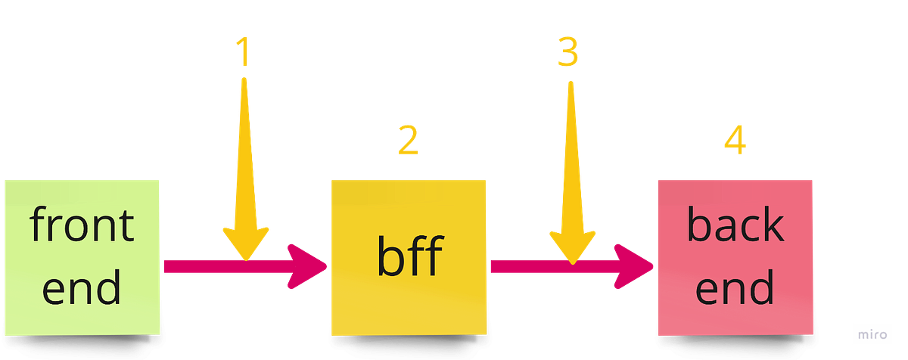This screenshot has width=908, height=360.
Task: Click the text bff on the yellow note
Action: [x=409, y=257]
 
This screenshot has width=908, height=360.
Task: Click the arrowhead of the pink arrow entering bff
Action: [x=310, y=266]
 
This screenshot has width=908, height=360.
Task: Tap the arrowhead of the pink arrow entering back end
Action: [x=636, y=266]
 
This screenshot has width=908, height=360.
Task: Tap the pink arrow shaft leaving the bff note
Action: [x=522, y=266]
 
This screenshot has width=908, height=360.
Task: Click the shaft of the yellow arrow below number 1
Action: [x=244, y=151]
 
